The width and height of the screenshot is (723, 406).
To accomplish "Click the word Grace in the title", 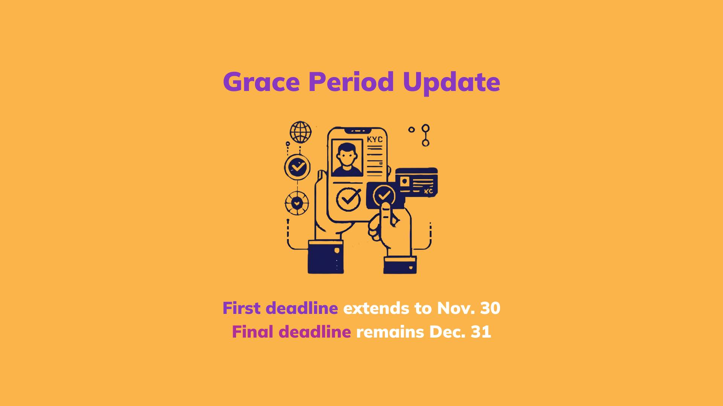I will pyautogui.click(x=261, y=82).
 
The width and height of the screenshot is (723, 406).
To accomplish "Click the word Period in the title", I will pyautogui.click(x=351, y=82).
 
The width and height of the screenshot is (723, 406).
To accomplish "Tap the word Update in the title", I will pyautogui.click(x=451, y=82).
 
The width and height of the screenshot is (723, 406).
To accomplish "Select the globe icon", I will pyautogui.click(x=300, y=132).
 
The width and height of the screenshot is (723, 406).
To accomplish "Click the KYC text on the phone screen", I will pyautogui.click(x=375, y=139).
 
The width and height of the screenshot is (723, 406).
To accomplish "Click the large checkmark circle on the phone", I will pyautogui.click(x=348, y=199).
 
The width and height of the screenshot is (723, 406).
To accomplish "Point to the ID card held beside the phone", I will pyautogui.click(x=416, y=182).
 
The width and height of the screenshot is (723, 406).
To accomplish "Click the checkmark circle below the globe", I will pyautogui.click(x=297, y=167).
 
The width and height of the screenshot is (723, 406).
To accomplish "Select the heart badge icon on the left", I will pyautogui.click(x=297, y=203).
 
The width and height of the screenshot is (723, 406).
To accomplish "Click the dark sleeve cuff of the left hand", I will pyautogui.click(x=325, y=257).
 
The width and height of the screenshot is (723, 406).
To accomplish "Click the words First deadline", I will pyautogui.click(x=280, y=308).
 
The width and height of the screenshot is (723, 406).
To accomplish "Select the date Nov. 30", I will pyautogui.click(x=468, y=308).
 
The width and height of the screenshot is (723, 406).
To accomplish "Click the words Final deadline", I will pyautogui.click(x=291, y=332).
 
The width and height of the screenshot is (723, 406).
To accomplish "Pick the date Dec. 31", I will pyautogui.click(x=460, y=332).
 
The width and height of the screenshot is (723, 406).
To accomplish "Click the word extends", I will pyautogui.click(x=376, y=308).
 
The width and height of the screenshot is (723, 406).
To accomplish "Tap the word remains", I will pyautogui.click(x=390, y=332).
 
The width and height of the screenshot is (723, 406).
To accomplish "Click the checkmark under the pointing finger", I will pyautogui.click(x=384, y=195).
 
